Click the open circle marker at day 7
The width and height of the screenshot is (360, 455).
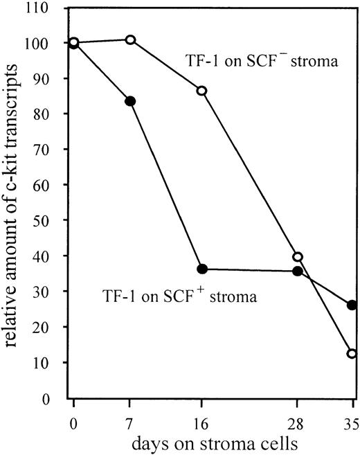129,39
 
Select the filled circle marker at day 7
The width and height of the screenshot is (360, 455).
129,101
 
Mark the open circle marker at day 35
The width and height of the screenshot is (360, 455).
352,353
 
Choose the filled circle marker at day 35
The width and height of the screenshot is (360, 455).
352,305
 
